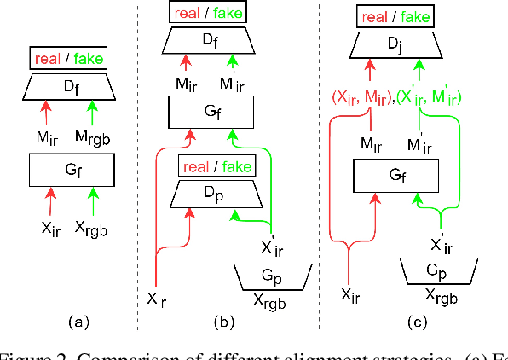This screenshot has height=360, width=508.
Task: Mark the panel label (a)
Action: pos(78,322)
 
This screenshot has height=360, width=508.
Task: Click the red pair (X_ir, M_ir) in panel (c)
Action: pos(359,98)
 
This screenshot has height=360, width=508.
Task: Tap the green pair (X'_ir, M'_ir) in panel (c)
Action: pos(432,98)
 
